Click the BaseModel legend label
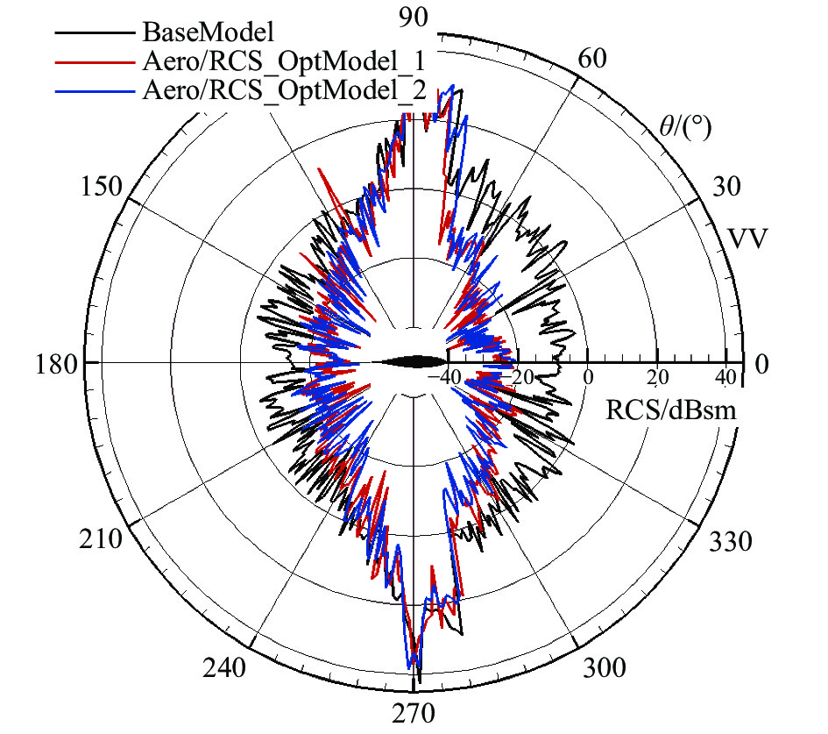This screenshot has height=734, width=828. pyautogui.click(x=209, y=33)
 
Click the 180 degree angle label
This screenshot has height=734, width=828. pyautogui.click(x=53, y=364)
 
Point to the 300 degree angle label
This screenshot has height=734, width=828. pyautogui.click(x=604, y=668)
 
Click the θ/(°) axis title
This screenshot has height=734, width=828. pyautogui.click(x=684, y=128)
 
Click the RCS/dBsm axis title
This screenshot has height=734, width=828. pyautogui.click(x=670, y=410)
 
